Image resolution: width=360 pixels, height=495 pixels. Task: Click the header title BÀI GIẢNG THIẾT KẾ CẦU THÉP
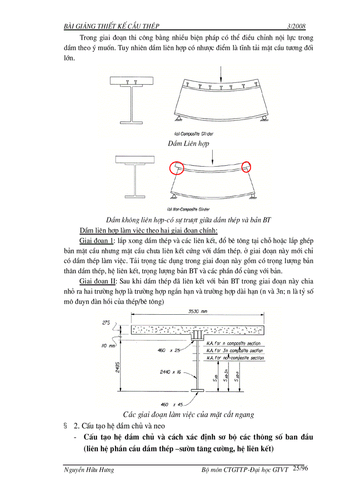tap(112, 26)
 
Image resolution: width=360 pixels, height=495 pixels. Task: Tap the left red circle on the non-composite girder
tap(176, 167)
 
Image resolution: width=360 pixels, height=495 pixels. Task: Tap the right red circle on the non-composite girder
tap(246, 167)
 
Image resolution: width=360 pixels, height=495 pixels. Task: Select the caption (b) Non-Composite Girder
tap(188, 209)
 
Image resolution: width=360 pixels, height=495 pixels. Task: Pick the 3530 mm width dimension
tap(198, 312)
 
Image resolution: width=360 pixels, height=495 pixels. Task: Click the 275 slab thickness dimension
tap(106, 323)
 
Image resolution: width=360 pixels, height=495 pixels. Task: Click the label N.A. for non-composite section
tap(235, 358)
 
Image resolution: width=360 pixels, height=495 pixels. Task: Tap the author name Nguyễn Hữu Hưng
tap(89, 470)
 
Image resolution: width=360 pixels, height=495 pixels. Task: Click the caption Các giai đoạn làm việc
tap(188, 414)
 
